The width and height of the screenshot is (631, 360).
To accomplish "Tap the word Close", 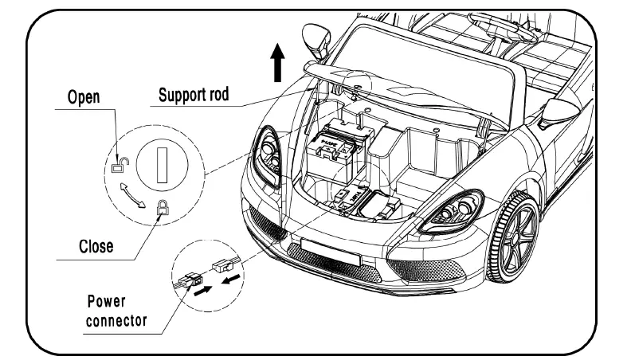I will click(x=95, y=246).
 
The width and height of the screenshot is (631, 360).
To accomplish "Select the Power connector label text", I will click(x=117, y=311).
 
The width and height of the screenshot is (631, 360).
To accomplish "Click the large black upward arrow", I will click(x=276, y=63).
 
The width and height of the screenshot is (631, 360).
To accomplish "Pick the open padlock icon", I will click(x=118, y=165).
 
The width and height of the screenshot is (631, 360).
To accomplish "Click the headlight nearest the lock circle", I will click(x=266, y=155).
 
